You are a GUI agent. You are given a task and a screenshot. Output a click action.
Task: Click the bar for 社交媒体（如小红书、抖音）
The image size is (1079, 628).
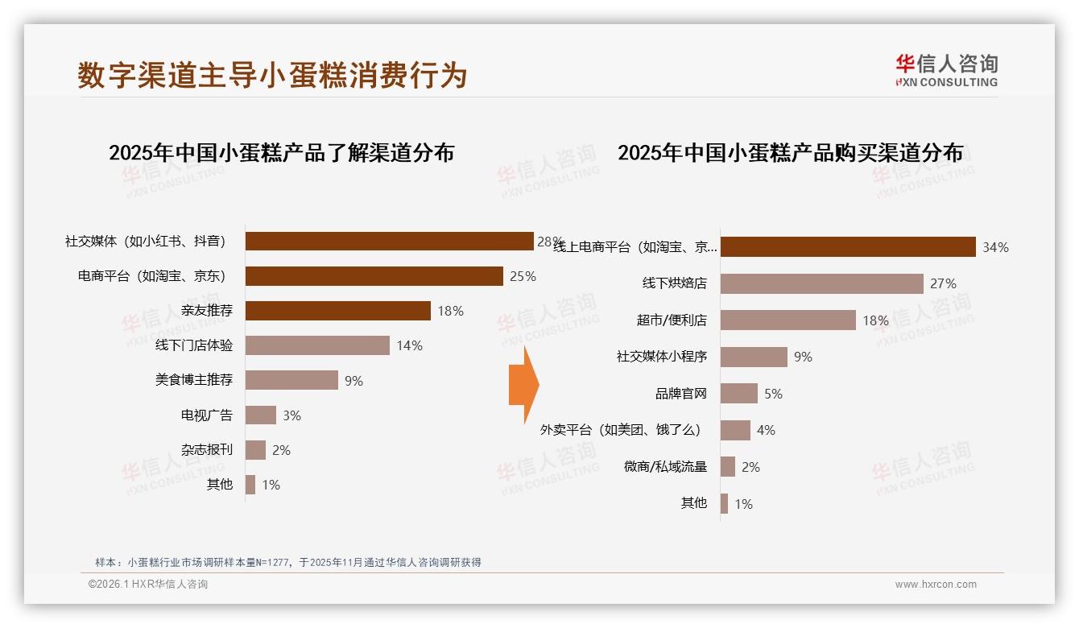click(389, 242)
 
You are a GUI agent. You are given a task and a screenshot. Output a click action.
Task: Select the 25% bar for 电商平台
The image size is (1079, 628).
click(374, 276)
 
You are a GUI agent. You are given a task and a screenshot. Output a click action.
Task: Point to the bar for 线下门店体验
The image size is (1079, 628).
click(317, 345)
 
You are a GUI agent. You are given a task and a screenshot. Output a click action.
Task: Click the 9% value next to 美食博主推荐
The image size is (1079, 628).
click(353, 381)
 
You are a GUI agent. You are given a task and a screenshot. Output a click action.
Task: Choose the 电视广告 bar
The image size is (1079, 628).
click(261, 415)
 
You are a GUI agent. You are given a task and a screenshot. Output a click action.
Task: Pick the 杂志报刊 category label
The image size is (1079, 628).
click(207, 450)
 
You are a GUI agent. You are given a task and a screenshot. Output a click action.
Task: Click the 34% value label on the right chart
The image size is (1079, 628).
click(995, 247)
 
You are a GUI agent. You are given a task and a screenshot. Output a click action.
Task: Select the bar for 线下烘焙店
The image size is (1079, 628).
click(821, 283)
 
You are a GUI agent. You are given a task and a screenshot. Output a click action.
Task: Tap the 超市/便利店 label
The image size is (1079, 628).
click(672, 320)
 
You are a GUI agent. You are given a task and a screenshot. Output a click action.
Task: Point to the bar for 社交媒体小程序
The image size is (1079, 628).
click(754, 357)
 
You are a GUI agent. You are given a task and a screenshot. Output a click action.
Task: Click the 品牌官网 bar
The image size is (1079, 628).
click(739, 394)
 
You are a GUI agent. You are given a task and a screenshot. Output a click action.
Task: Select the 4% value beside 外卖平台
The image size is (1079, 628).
click(766, 431)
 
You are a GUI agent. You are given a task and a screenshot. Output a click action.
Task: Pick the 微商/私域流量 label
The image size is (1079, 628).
click(665, 467)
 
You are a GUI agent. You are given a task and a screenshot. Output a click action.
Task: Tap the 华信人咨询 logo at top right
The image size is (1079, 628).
click(946, 70)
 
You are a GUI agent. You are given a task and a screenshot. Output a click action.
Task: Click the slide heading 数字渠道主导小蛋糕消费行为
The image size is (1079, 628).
click(272, 75)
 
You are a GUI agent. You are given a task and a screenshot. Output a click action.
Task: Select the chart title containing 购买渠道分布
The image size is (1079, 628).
click(790, 153)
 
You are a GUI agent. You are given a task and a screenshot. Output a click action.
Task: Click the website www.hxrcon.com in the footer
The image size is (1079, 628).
click(936, 585)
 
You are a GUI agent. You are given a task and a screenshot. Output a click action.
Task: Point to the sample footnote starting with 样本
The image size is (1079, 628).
click(288, 562)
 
